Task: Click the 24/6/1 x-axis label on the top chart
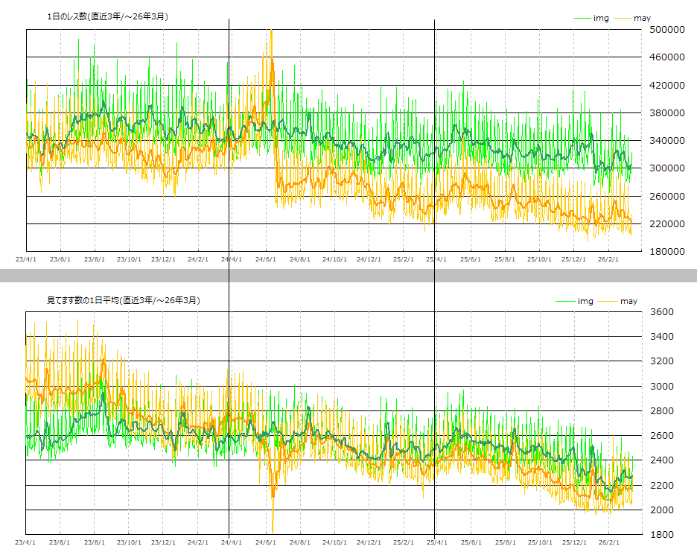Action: point(266,260)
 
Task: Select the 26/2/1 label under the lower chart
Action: point(608,543)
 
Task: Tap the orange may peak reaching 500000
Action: point(271,31)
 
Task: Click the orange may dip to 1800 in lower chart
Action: point(273,530)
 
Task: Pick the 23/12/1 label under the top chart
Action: point(163,260)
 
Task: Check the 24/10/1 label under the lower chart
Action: point(334,543)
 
